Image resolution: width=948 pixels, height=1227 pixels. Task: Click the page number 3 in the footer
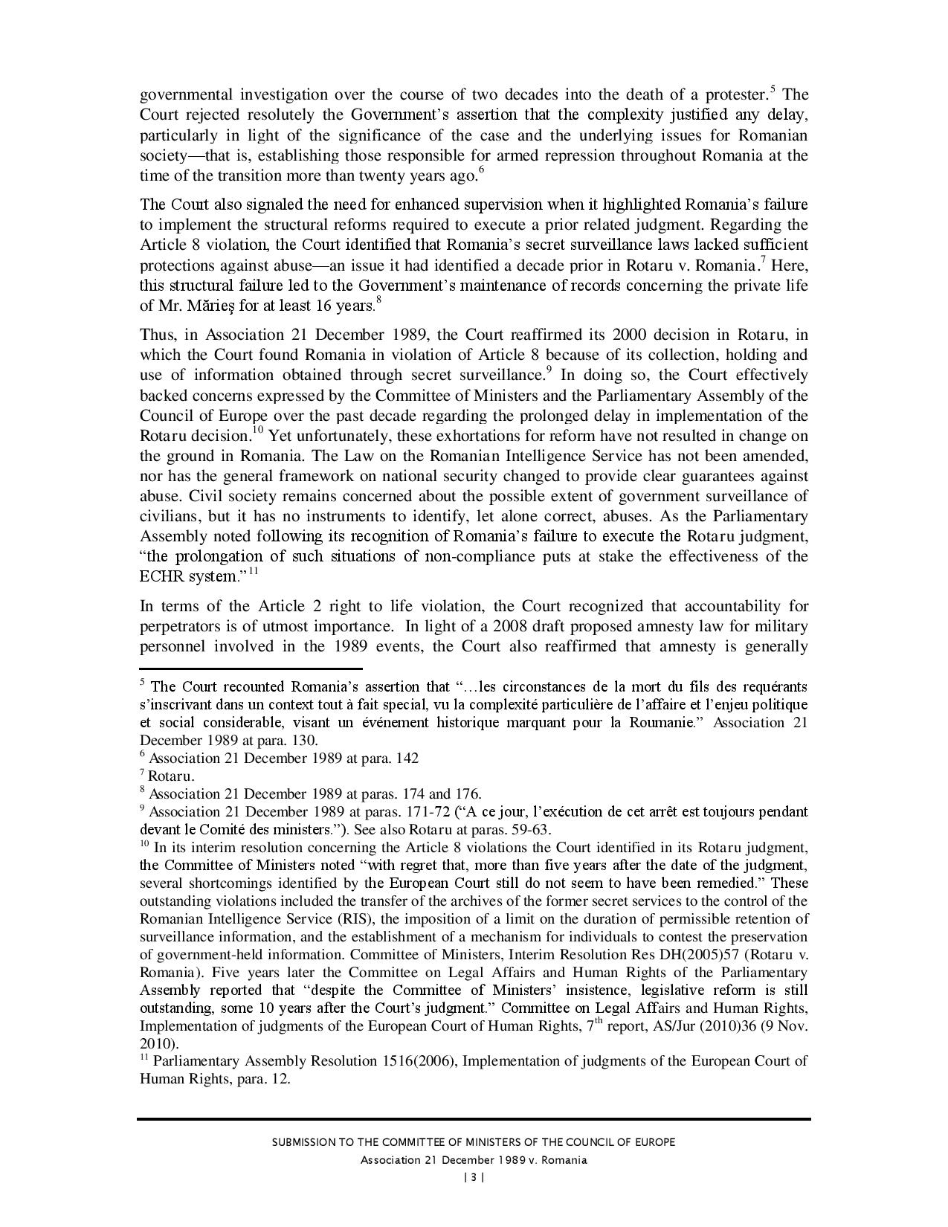click(x=474, y=1177)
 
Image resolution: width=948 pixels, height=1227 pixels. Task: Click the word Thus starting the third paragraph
click(x=156, y=335)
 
